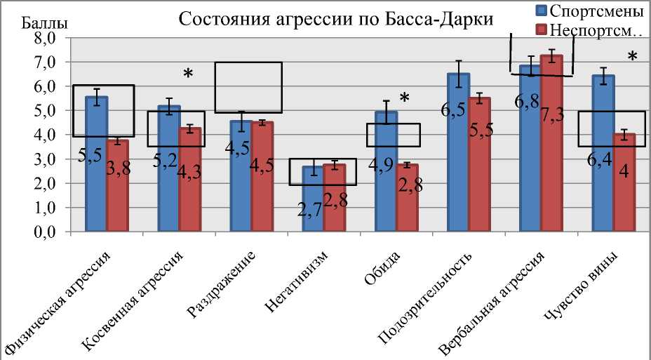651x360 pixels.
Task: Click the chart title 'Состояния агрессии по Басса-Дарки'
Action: pyautogui.click(x=336, y=19)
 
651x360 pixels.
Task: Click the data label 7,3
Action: pyautogui.click(x=551, y=116)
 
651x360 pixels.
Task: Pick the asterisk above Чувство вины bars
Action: pyautogui.click(x=632, y=57)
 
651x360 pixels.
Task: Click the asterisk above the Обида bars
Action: pyautogui.click(x=404, y=99)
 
